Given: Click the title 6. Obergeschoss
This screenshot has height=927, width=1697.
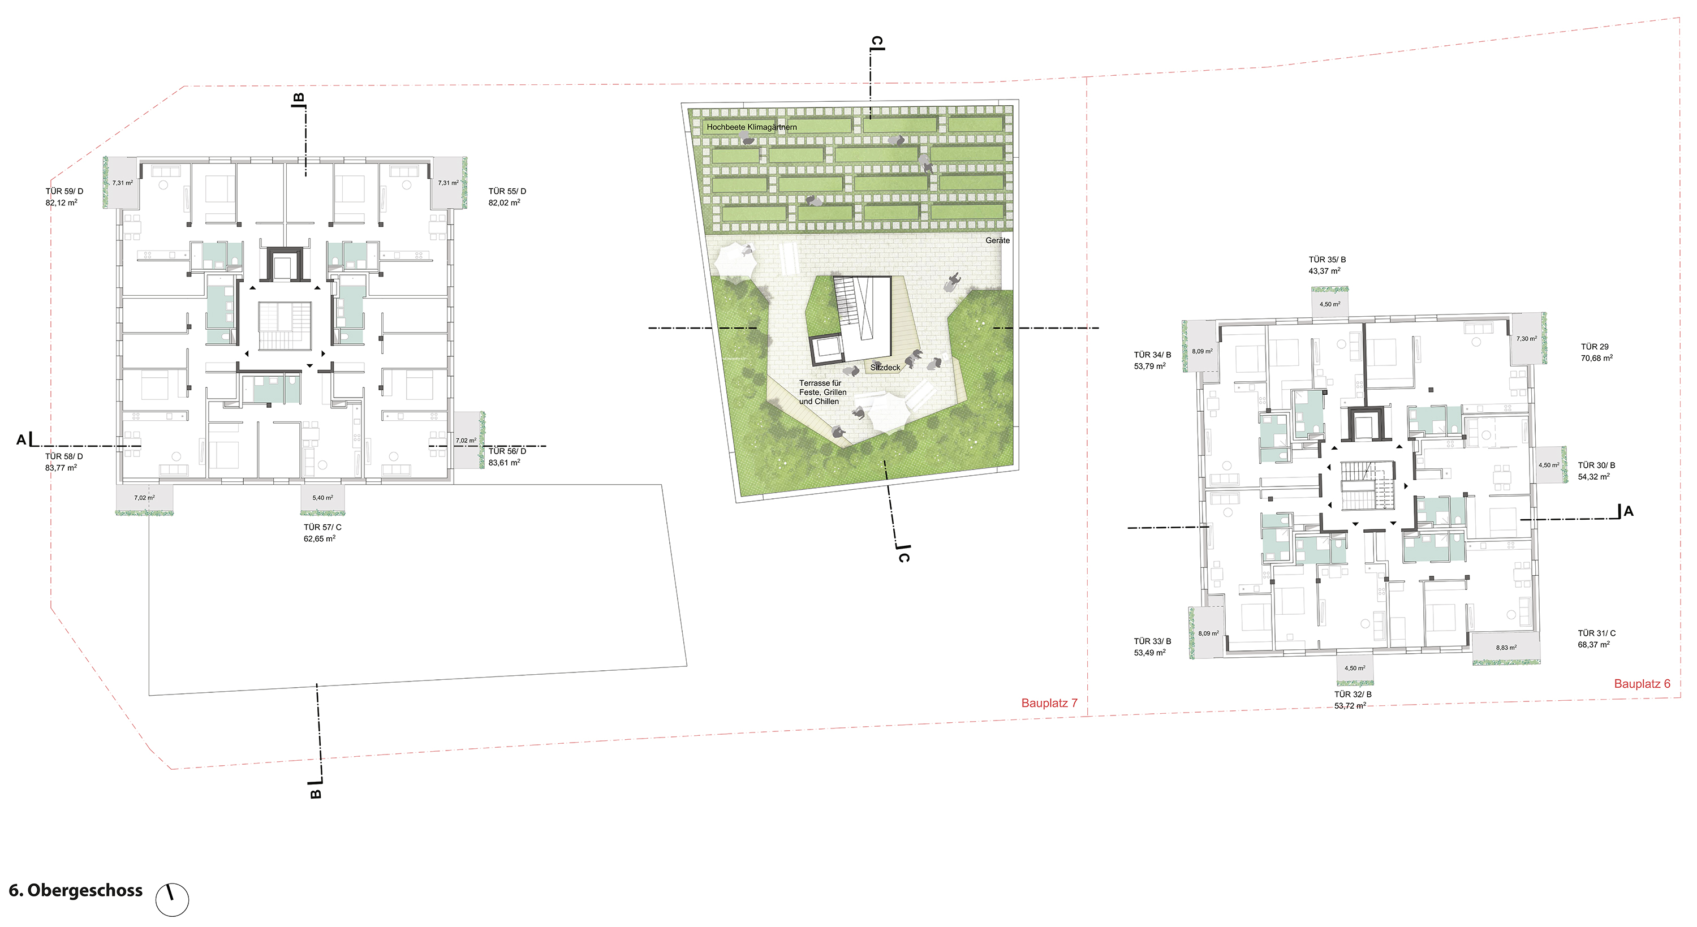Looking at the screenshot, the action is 76,891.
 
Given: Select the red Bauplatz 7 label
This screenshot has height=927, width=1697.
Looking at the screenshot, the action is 1049,703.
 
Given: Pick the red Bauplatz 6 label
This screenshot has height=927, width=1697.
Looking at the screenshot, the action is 1642,684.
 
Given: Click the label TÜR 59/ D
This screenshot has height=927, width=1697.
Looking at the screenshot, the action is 64,191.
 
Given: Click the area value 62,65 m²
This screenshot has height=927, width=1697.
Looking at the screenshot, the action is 320,538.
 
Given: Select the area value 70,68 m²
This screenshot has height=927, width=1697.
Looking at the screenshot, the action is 1597,358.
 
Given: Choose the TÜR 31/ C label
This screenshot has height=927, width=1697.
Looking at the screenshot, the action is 1597,633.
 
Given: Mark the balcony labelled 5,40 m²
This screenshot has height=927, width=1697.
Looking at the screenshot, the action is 323,498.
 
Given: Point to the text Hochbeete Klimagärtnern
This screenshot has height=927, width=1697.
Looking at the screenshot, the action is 752,127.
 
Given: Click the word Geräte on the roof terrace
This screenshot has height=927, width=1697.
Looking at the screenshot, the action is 997,240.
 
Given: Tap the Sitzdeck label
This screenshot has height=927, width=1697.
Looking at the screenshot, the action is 885,368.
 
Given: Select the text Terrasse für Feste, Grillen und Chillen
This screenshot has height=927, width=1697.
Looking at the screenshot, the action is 823,392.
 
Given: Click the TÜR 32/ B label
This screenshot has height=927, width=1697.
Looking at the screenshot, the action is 1353,695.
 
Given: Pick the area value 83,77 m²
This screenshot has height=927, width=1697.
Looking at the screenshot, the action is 61,468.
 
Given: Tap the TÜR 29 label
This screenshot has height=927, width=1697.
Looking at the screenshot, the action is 1595,347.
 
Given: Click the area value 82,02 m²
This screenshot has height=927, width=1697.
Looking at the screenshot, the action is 505,202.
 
